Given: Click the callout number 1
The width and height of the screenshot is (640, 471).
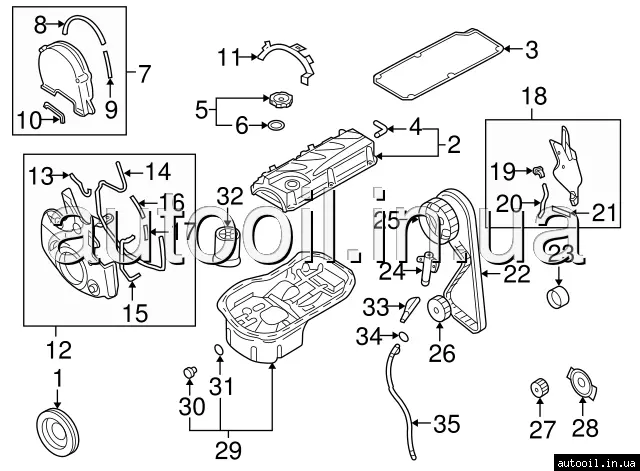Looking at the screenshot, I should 57,379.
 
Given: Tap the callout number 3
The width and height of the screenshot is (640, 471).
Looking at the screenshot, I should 531,47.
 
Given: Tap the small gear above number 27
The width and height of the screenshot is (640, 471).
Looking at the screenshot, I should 539,387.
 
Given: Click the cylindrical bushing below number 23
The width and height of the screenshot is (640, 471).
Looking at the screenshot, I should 559,298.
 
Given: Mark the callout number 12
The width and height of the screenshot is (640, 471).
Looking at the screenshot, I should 57,350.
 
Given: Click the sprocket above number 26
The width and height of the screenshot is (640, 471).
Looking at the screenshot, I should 439,307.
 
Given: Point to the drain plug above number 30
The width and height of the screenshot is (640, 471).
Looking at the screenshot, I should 187,374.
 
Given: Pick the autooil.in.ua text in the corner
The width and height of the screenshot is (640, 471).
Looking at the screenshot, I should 594,461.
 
